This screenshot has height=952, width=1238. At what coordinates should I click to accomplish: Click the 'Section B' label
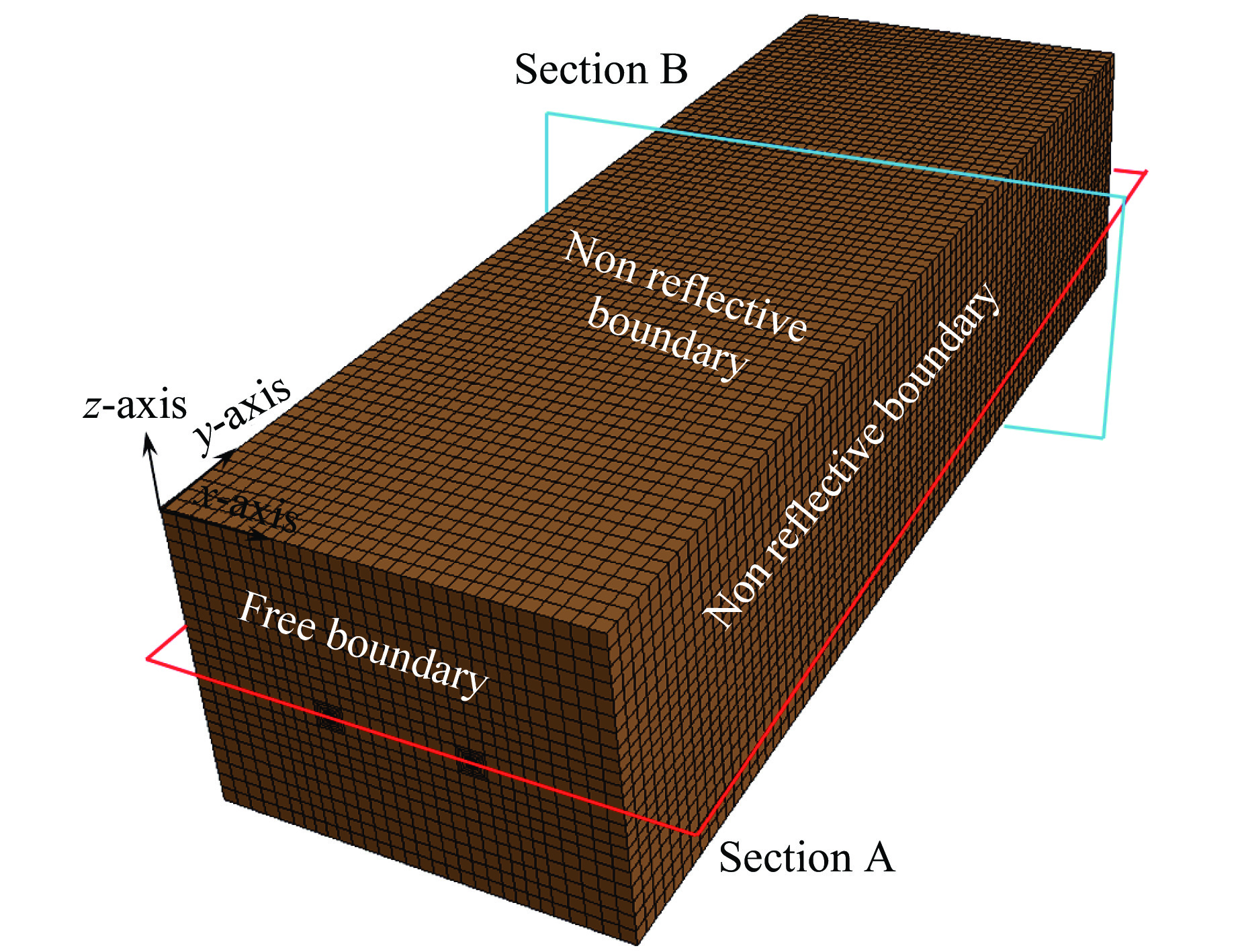tap(601, 69)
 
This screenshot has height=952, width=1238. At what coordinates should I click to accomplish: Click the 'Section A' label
tap(806, 858)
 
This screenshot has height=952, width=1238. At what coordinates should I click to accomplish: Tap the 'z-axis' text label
tap(135, 405)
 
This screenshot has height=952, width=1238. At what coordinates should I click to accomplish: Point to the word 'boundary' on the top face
tap(666, 342)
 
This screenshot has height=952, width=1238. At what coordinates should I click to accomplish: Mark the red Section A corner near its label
tap(697, 834)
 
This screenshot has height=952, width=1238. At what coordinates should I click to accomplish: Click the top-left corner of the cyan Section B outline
tap(547, 114)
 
